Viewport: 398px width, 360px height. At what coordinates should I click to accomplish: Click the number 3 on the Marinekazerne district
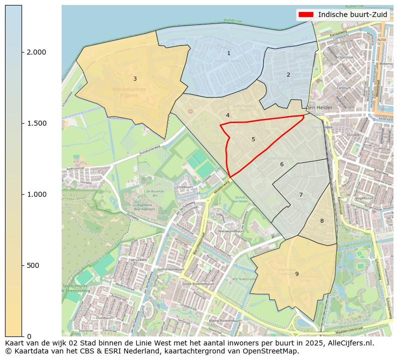(x=135, y=79)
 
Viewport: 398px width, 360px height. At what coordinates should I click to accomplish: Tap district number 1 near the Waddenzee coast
(x=229, y=53)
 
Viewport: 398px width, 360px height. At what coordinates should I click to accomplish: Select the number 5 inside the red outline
(x=253, y=140)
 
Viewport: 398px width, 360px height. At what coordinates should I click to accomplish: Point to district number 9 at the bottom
(x=297, y=274)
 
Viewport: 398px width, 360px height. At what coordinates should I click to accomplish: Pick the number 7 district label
(x=301, y=195)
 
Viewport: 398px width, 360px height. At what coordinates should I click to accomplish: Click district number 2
(x=288, y=75)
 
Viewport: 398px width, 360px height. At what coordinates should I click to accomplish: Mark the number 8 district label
(x=322, y=221)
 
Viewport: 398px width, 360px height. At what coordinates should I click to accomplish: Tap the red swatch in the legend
(x=306, y=15)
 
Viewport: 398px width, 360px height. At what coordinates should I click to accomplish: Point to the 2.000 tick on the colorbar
(x=36, y=52)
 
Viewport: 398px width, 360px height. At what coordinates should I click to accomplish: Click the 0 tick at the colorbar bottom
(x=29, y=336)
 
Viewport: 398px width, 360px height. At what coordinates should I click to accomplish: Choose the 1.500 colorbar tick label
(x=36, y=123)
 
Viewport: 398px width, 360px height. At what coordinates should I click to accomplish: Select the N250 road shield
(x=382, y=40)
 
